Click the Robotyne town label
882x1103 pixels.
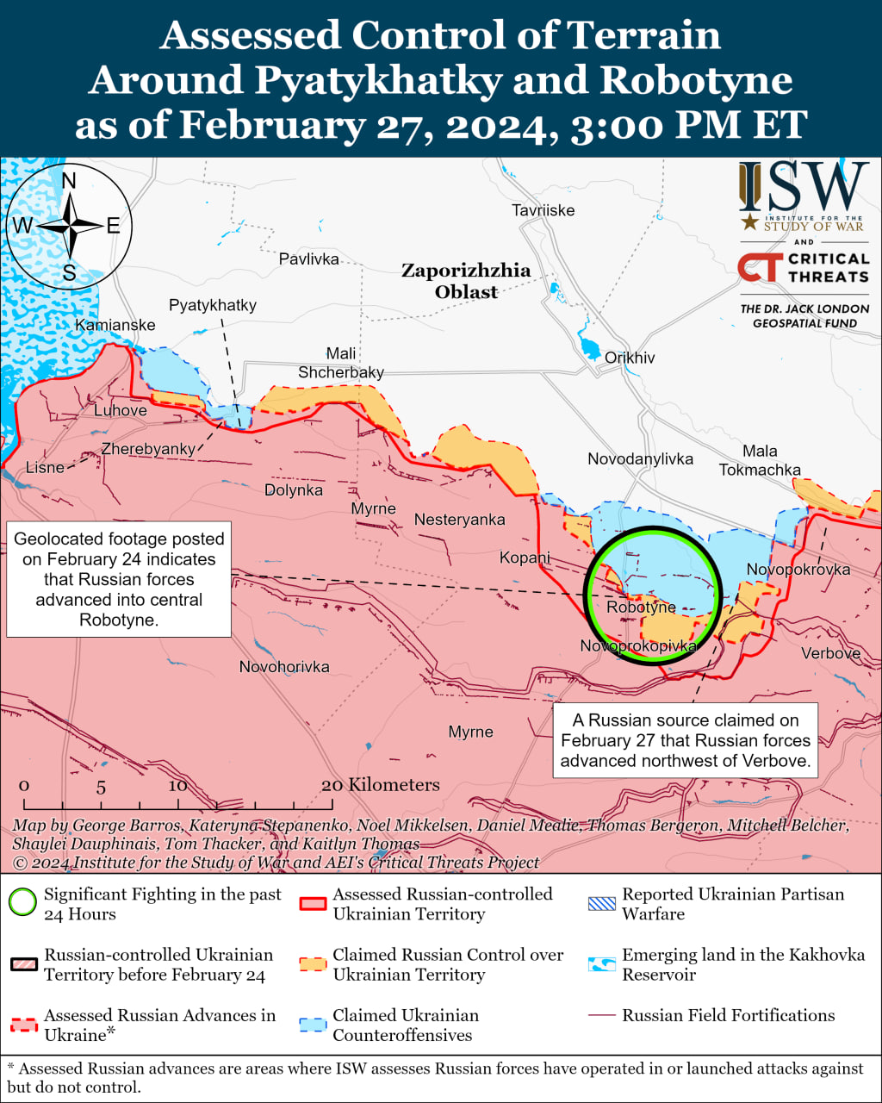tap(641, 608)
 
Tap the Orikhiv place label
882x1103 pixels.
tap(630, 358)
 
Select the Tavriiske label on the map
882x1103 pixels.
tap(543, 210)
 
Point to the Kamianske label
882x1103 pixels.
tap(115, 325)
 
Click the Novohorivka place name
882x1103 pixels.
tap(284, 667)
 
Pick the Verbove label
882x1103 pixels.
tap(830, 653)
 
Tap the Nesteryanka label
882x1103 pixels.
tap(459, 520)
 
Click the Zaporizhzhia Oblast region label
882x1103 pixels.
tap(466, 281)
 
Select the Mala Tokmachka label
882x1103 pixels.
tap(760, 460)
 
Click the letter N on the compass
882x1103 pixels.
tap(70, 180)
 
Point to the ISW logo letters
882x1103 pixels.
tap(804, 188)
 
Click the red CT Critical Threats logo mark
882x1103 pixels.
tap(760, 268)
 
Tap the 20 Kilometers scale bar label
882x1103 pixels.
tap(381, 785)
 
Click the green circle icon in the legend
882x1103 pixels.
tap(22, 903)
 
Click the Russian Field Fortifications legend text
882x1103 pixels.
tap(728, 1015)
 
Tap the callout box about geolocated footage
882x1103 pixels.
tap(119, 579)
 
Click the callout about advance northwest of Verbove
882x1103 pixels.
tap(686, 740)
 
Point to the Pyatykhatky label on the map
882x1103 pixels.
tap(213, 305)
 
